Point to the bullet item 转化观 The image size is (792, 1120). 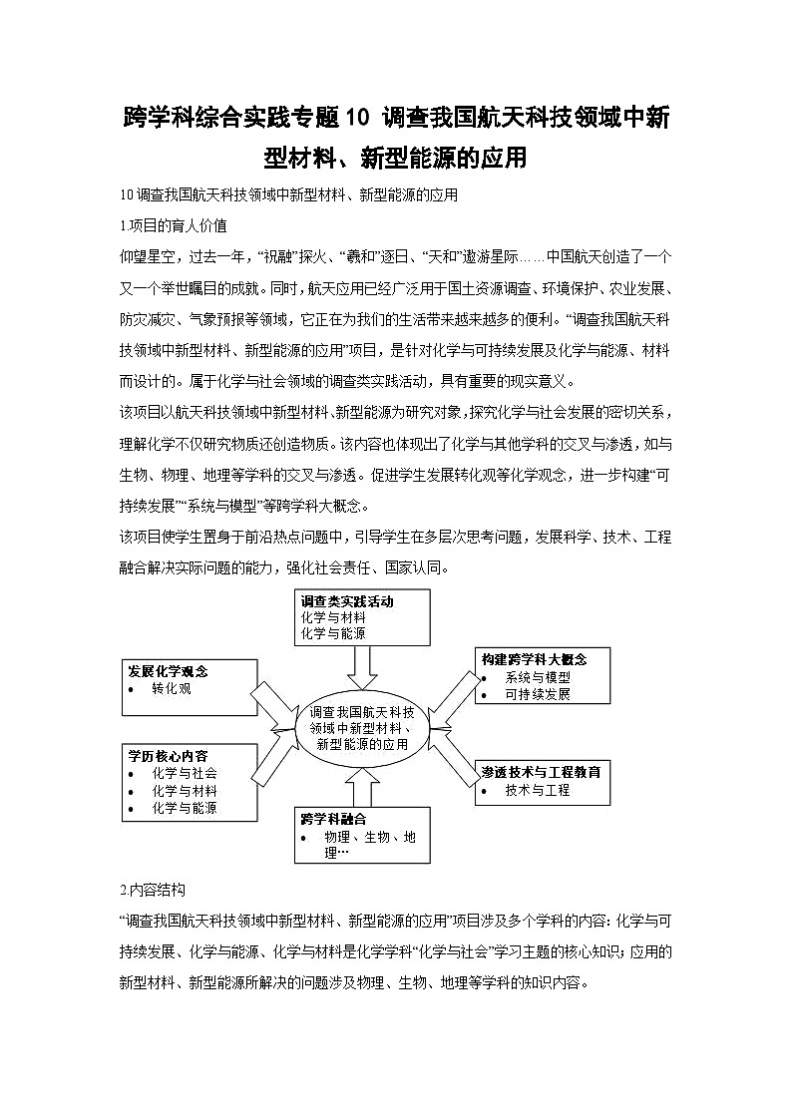tap(172, 689)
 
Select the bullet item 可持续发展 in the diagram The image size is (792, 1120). tap(538, 694)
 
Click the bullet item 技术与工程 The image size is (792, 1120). tap(538, 790)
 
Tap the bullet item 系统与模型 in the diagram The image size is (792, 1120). tap(538, 677)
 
